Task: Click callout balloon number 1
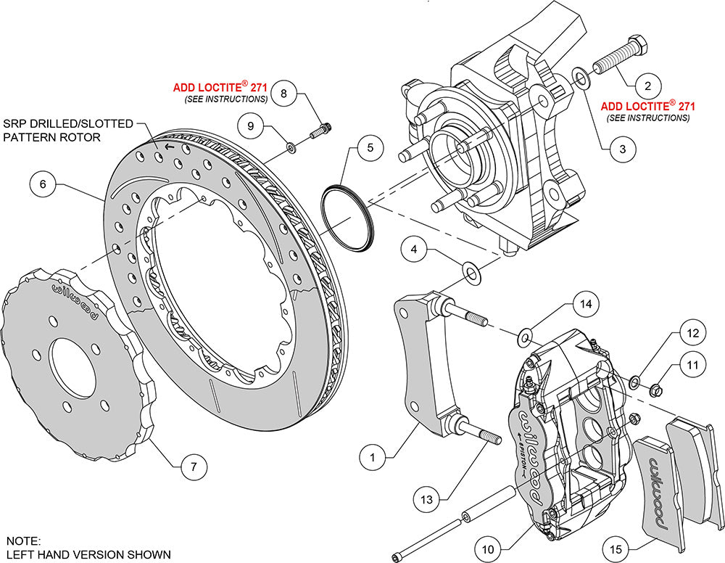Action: (x=373, y=458)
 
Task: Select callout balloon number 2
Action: (x=647, y=85)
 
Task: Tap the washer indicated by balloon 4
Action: (x=471, y=274)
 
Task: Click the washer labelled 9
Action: (x=290, y=148)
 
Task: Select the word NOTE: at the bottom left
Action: (x=23, y=541)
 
